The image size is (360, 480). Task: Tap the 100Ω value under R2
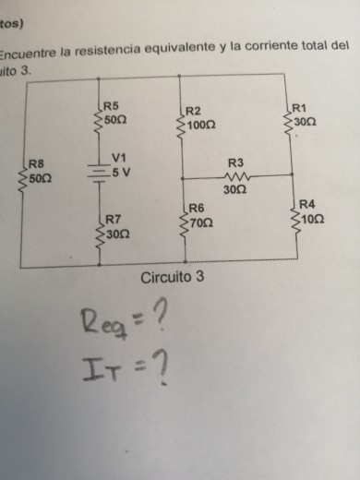200,123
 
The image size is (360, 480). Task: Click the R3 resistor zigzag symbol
236,176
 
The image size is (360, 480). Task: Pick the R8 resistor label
37,162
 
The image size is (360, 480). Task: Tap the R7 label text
114,220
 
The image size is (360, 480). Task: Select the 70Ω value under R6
202,224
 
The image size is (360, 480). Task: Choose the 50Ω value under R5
114,120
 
